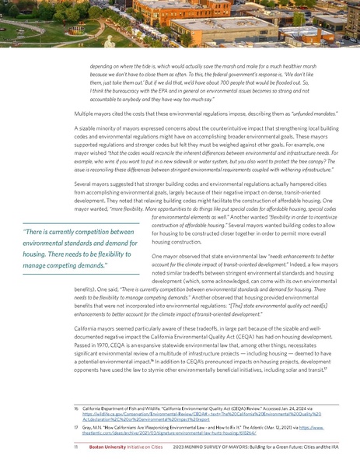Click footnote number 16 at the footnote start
65,407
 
